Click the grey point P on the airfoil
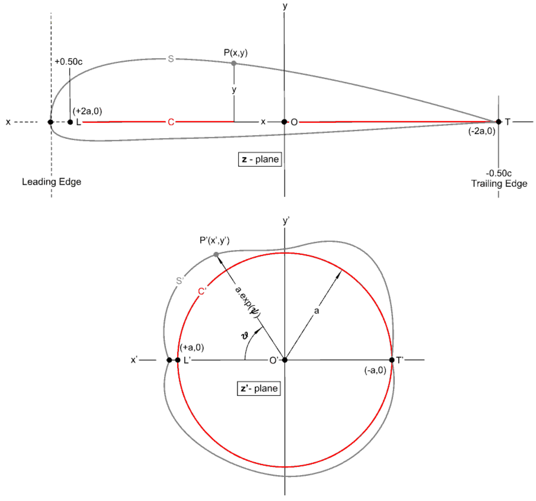pos(234,63)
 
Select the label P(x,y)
pos(235,53)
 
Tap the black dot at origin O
pos(284,122)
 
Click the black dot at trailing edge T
pos(498,122)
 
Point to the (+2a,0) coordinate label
pos(87,111)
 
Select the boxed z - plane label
pos(260,159)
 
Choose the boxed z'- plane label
pos(259,389)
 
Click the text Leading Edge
pos(52,182)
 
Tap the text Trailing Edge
pos(499,184)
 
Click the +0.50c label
pos(68,62)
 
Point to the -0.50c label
pos(498,173)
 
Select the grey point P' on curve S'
pos(216,254)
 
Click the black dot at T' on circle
pos(392,360)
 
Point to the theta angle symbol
pos(245,336)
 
